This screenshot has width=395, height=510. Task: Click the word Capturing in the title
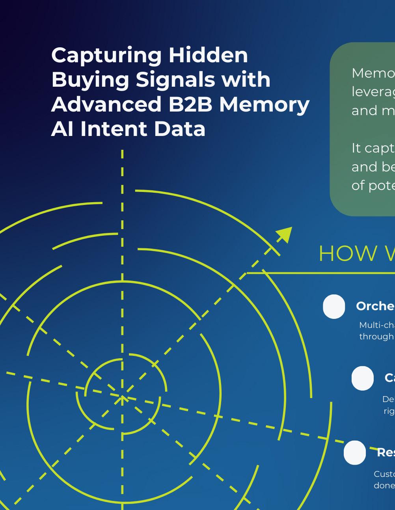106,56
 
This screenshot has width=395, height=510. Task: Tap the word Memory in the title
264,105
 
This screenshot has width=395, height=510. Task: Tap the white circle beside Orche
334,306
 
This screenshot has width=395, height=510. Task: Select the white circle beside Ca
362,378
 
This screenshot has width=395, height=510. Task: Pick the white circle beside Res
354,452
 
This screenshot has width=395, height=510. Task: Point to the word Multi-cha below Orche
376,325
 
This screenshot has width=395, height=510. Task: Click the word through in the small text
376,337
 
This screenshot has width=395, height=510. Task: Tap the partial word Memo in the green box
373,73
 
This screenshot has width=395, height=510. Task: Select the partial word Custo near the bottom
384,474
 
